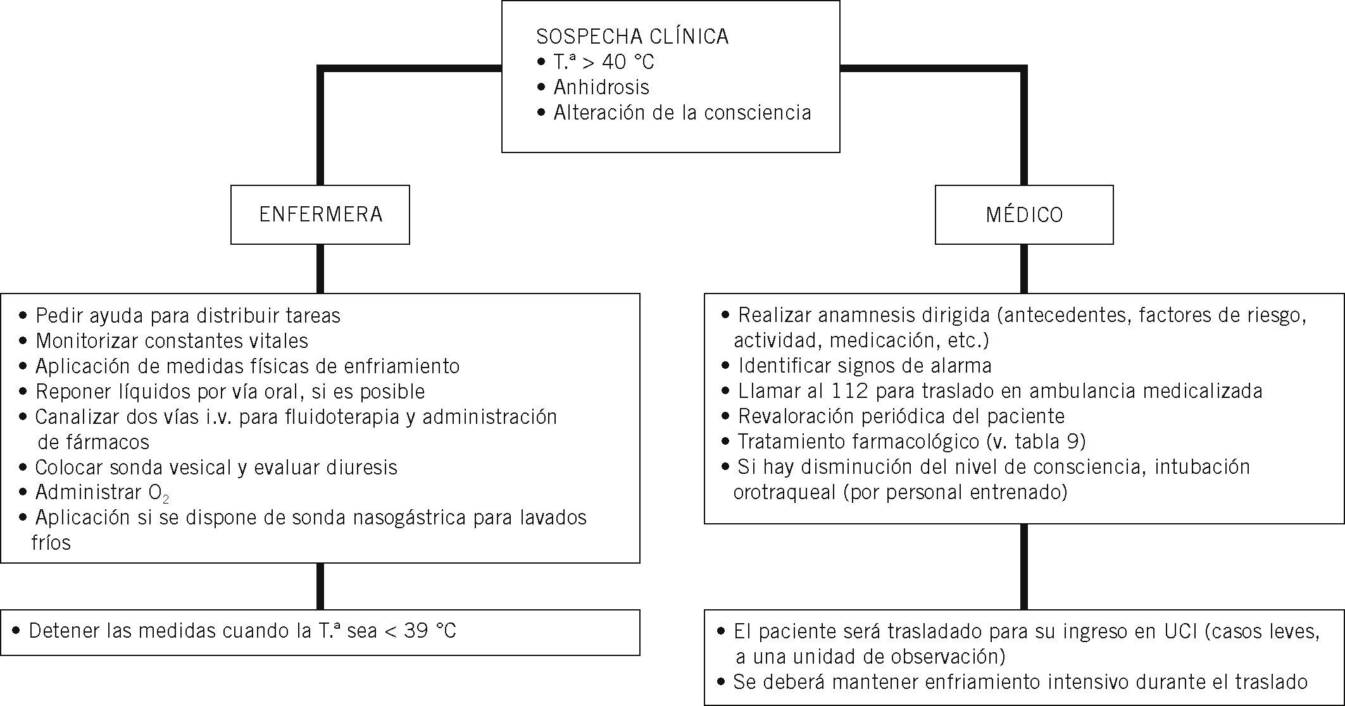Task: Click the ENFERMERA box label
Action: (x=321, y=214)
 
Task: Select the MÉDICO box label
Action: (x=1024, y=215)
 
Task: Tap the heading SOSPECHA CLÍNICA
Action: (x=632, y=37)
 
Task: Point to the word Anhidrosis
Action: (x=601, y=87)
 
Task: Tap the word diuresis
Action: (x=362, y=468)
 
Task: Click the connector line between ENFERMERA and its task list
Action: (x=320, y=268)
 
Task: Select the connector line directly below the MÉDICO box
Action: (x=1024, y=268)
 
